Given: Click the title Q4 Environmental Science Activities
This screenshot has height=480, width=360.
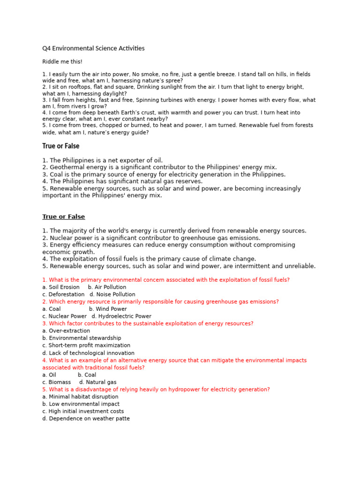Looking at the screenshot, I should (93, 48).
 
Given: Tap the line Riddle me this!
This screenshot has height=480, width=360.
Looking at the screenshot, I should (62, 62).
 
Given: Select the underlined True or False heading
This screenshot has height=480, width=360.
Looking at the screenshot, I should (64, 217).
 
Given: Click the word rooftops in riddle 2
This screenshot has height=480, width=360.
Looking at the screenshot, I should (72, 87).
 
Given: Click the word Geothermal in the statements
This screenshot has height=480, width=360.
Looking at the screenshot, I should (66, 167).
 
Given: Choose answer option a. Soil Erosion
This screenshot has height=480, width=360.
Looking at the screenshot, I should (61, 287).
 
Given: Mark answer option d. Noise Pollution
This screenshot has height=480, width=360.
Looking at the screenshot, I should (112, 294).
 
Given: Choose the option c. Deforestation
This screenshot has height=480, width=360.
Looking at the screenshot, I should (63, 294).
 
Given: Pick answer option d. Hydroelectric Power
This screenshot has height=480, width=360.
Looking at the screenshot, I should (121, 316).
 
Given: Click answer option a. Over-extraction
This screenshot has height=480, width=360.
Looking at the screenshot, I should (66, 331).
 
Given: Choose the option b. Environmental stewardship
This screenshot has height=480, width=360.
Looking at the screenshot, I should (82, 338).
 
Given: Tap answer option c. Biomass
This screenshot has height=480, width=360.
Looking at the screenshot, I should (57, 382).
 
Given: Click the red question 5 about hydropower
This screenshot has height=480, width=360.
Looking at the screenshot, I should (156, 390).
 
